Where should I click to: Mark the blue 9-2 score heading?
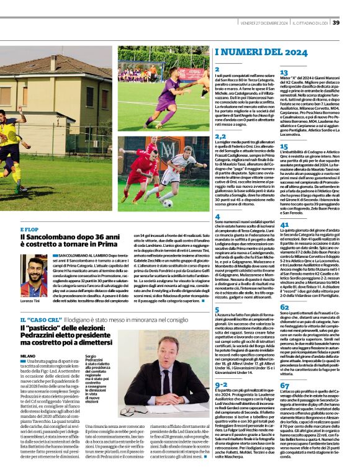(221, 384)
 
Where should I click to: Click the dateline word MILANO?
(29, 356)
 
